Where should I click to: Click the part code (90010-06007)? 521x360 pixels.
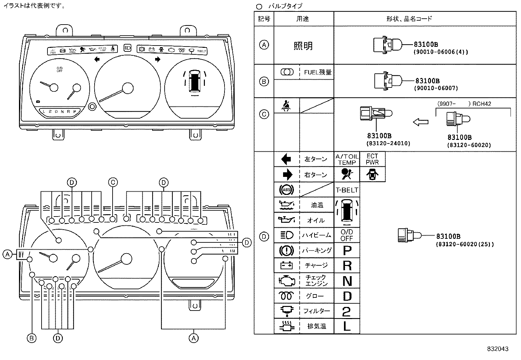pyautogui.click(x=436, y=88)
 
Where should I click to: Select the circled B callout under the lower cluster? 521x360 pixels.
pyautogui.click(x=31, y=338)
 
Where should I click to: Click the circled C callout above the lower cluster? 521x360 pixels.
pyautogui.click(x=113, y=182)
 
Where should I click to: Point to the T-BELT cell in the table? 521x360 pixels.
pyautogui.click(x=347, y=190)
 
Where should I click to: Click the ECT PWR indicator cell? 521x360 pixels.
pyautogui.click(x=372, y=159)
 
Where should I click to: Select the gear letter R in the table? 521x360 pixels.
pyautogui.click(x=347, y=266)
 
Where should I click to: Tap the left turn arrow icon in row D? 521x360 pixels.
pyautogui.click(x=286, y=159)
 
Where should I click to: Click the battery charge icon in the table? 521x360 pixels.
pyautogui.click(x=286, y=265)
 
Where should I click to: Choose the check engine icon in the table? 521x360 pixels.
pyautogui.click(x=286, y=281)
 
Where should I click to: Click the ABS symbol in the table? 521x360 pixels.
pyautogui.click(x=286, y=190)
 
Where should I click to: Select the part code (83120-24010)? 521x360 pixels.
pyautogui.click(x=388, y=143)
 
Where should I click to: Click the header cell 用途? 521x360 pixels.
pyautogui.click(x=303, y=19)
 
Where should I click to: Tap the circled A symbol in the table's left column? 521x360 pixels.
pyautogui.click(x=264, y=45)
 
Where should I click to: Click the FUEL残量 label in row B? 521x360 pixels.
pyautogui.click(x=317, y=72)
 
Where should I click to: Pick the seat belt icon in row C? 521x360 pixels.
pyautogui.click(x=286, y=105)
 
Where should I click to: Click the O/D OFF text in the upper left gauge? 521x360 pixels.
pyautogui.click(x=59, y=69)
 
